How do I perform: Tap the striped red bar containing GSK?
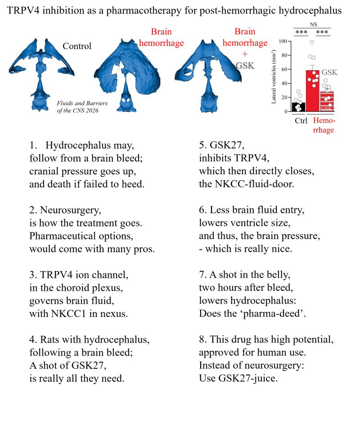327,102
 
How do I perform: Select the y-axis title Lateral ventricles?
274,76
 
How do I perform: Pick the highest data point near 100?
311,42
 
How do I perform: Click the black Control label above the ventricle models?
77,46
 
